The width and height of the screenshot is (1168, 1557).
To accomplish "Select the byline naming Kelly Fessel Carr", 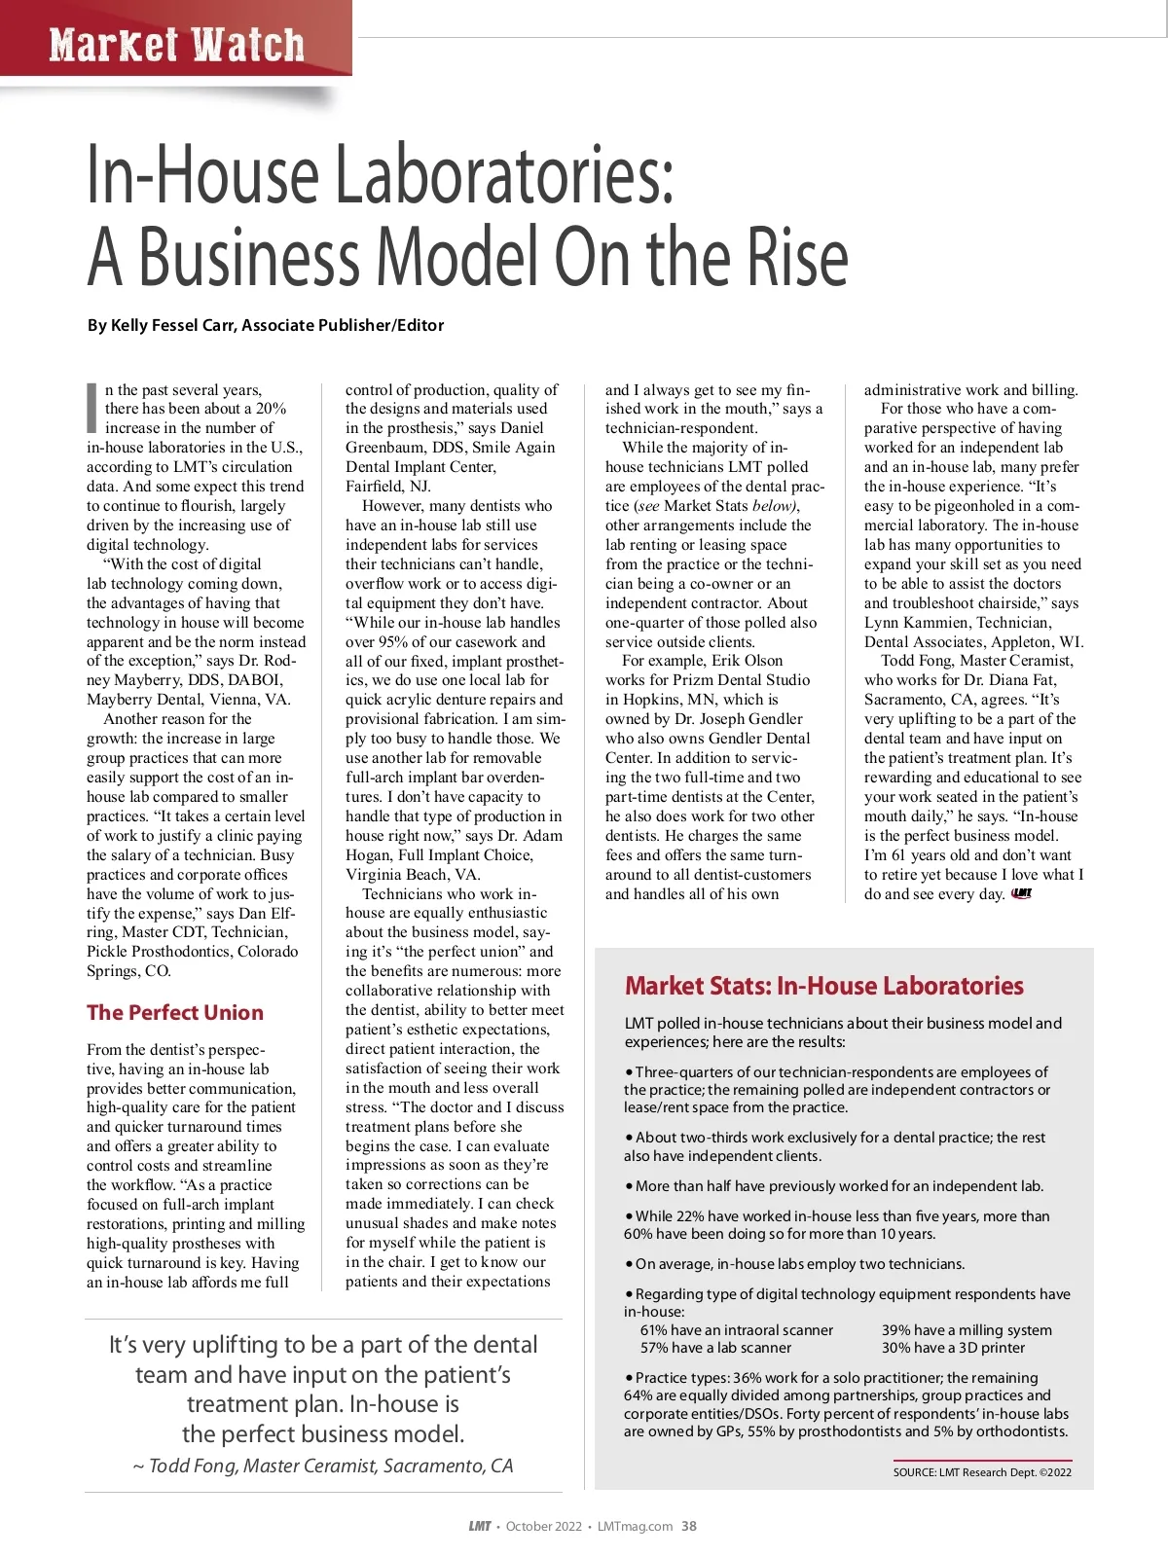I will (266, 325).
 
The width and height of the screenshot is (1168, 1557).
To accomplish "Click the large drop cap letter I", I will (92, 407).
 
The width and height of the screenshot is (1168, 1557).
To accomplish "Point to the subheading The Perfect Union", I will (175, 1012).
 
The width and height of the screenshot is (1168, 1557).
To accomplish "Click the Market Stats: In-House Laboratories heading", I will (823, 986).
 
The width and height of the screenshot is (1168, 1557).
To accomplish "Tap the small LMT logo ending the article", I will (1022, 893).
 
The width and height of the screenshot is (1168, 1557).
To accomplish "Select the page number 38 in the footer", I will (689, 1526).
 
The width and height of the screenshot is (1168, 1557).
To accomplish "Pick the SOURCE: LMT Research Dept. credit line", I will (982, 1472).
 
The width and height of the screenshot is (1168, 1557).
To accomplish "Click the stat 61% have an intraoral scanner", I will (737, 1330).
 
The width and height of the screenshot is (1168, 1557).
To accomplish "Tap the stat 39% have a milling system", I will (967, 1330).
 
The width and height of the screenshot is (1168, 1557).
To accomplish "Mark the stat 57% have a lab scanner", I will (715, 1348).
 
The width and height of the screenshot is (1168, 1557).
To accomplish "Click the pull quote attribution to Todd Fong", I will (323, 1466).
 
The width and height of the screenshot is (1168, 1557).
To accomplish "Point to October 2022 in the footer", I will (543, 1526).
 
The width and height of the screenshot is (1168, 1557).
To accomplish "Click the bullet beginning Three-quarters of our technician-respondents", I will (837, 1089).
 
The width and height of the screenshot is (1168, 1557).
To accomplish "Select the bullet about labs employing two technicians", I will (794, 1264).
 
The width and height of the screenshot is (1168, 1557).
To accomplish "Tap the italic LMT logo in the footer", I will (480, 1526).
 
